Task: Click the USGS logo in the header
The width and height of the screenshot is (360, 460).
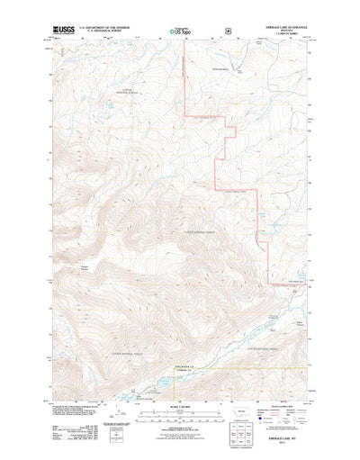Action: click(x=62, y=31)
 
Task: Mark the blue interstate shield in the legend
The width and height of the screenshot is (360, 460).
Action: click(x=262, y=415)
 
